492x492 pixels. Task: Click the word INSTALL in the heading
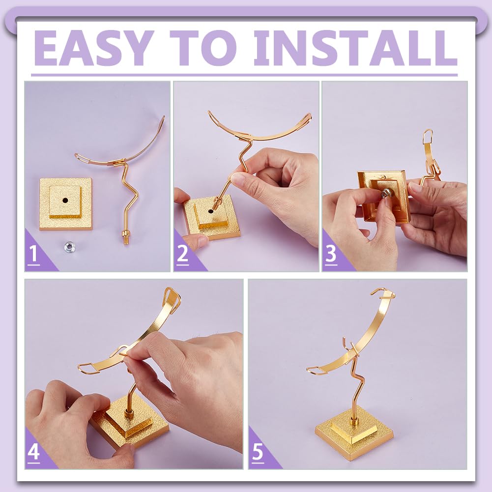(x=355, y=48)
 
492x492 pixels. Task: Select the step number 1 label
(x=33, y=254)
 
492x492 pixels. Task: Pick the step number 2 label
(x=183, y=254)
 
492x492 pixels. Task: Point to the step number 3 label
(x=331, y=254)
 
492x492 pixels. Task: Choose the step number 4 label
(x=33, y=452)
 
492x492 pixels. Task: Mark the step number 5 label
(x=258, y=452)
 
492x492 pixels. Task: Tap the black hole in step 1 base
(x=65, y=200)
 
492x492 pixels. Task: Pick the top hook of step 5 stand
(x=382, y=292)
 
